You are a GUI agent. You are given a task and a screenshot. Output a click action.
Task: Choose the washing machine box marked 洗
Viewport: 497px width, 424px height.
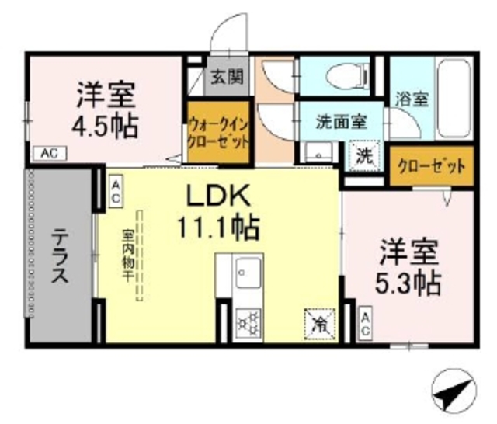click(x=363, y=153)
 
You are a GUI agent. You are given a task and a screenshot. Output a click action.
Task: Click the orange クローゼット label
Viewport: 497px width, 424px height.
click(x=431, y=165)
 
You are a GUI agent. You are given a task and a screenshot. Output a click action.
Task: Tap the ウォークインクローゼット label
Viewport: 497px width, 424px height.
click(x=218, y=132)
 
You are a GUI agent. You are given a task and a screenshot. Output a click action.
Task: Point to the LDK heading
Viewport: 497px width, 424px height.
click(x=215, y=194)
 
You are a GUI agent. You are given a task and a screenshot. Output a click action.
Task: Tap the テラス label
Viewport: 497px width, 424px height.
click(x=62, y=256)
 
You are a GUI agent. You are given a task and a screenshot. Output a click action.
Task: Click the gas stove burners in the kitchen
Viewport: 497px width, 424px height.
click(x=248, y=320)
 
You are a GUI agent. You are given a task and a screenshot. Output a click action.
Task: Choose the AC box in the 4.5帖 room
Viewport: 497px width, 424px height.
click(x=48, y=153)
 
